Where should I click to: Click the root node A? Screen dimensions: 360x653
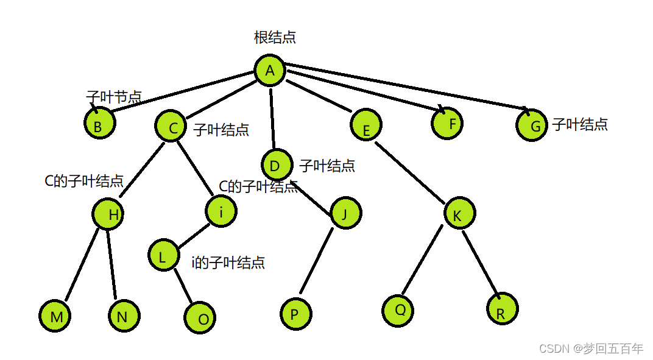(x=270, y=71)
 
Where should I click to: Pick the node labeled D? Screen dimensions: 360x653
(x=276, y=165)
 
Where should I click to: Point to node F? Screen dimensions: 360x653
(x=448, y=124)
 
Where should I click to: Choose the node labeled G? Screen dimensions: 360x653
(x=532, y=125)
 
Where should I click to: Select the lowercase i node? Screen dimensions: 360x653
(x=221, y=211)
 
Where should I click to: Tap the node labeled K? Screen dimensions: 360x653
(x=459, y=214)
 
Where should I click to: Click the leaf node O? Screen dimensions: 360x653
(x=200, y=317)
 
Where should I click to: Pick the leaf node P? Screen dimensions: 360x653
(x=296, y=314)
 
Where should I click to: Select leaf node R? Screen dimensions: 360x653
(x=503, y=309)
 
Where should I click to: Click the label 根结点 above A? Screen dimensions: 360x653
(x=275, y=37)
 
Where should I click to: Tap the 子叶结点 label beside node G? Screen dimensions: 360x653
(x=580, y=124)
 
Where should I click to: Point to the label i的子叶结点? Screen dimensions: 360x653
(x=228, y=263)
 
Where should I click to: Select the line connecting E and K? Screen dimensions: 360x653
(x=412, y=172)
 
